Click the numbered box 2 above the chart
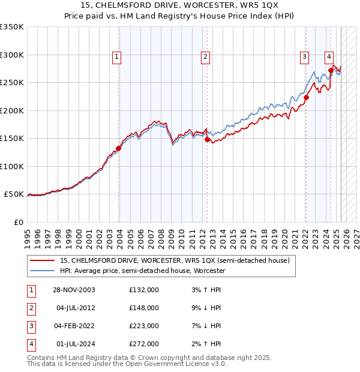point(205,57)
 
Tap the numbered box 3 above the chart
point(305,57)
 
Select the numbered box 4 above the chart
point(329,57)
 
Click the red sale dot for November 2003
point(119,149)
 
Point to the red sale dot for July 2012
point(208,139)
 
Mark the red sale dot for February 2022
point(306,98)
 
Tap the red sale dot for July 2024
point(331,71)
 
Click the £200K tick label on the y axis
point(12,110)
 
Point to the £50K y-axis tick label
point(14,194)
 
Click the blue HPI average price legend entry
point(142,271)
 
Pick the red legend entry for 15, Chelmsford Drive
point(175,260)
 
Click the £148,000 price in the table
point(144,308)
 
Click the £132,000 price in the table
point(144,290)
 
